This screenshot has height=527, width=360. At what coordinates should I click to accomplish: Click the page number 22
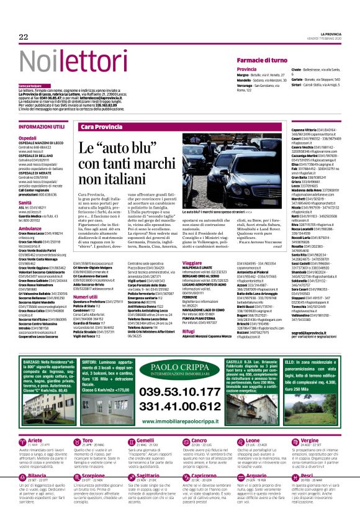[24, 37]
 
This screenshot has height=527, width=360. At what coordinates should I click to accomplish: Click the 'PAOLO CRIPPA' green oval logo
[179, 369]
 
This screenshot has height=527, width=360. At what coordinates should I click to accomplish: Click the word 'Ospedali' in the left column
[27, 138]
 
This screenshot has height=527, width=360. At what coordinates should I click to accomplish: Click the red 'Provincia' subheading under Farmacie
[246, 69]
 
